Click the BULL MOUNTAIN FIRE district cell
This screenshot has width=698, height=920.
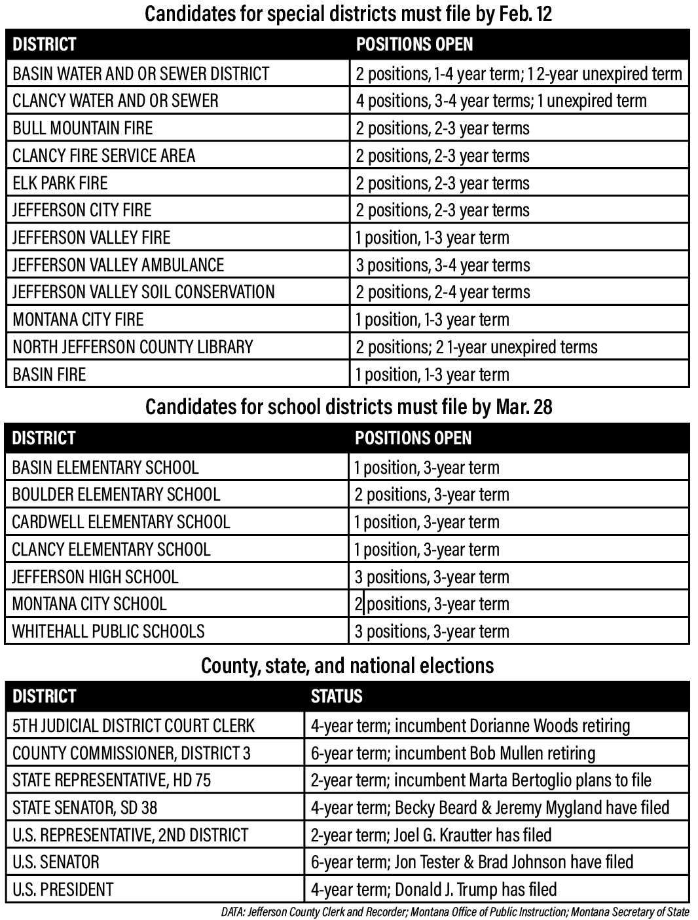tap(83, 128)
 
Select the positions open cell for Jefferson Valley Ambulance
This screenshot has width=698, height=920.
tap(443, 265)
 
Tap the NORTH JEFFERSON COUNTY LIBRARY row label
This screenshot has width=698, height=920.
tap(132, 347)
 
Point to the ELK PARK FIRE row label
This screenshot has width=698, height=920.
tap(60, 183)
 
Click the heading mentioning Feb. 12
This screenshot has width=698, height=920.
tap(348, 14)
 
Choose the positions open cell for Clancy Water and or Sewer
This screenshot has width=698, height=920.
tap(501, 101)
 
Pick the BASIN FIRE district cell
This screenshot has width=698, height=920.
tap(49, 375)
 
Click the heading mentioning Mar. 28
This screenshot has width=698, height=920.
tap(348, 408)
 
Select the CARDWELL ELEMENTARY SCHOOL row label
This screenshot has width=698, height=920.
tap(121, 522)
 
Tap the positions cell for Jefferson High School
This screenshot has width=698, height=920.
tap(432, 577)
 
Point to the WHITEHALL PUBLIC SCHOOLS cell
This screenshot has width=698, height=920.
tap(108, 632)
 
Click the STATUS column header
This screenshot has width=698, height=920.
tap(337, 696)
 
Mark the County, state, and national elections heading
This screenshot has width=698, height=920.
tap(347, 666)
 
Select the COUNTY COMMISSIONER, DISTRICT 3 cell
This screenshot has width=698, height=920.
tap(132, 754)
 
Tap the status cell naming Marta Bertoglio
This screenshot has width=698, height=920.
tap(481, 780)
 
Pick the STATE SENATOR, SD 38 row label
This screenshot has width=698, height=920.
tap(85, 808)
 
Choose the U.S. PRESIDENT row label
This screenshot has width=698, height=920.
tap(63, 890)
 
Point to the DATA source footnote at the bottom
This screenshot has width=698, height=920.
tap(455, 911)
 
